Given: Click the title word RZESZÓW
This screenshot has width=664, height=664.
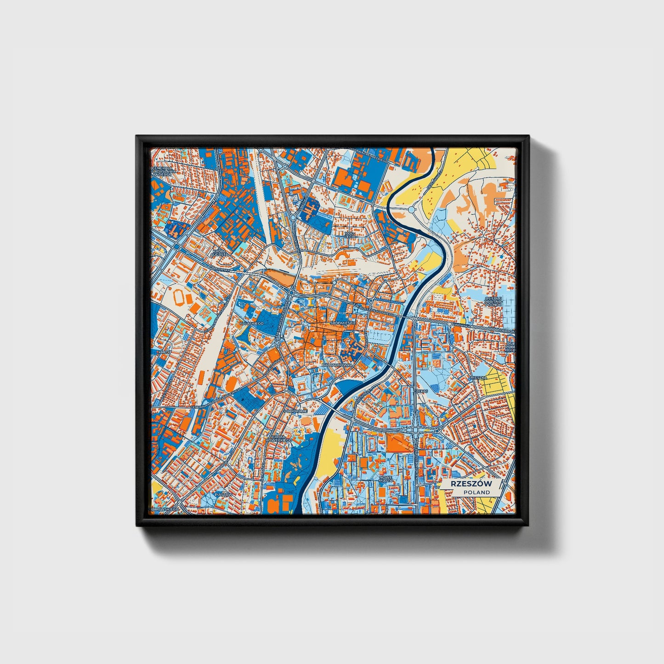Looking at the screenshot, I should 471,484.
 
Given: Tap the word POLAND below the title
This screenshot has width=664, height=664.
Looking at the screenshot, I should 476,492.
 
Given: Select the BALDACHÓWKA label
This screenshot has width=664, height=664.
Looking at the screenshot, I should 338,364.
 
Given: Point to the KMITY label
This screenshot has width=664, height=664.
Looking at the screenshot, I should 164,352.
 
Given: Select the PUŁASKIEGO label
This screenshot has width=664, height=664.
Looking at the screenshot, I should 251,324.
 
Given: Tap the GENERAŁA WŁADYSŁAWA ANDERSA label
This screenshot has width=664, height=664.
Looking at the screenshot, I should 163,174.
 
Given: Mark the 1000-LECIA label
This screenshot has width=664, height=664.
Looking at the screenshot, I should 350,235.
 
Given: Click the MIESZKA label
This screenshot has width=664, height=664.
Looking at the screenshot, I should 479,378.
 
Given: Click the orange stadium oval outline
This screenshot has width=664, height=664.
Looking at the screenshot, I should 178,298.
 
